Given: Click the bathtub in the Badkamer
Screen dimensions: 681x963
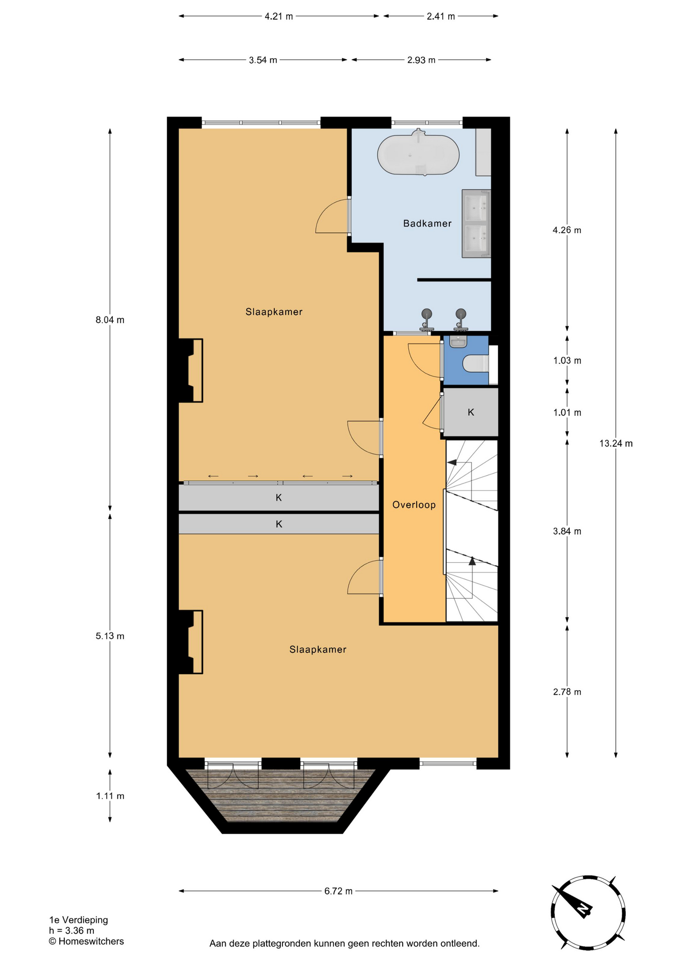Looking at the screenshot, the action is (418, 153).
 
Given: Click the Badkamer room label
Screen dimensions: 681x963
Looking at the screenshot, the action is (427, 224).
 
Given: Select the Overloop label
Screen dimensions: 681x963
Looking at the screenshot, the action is (414, 505).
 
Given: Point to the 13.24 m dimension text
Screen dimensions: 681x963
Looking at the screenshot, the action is (616, 443).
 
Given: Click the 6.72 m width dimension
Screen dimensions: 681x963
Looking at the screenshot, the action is (338, 891).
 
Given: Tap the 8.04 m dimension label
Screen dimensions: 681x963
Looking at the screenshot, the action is (110, 320).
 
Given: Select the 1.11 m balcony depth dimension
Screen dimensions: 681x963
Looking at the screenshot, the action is (110, 796).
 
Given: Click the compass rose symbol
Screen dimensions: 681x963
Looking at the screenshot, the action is (588, 912).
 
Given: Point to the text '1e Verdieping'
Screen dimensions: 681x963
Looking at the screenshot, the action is (78, 920).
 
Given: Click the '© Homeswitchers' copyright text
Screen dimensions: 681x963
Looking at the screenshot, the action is (86, 941).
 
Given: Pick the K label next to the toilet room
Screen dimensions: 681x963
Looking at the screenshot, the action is (471, 412).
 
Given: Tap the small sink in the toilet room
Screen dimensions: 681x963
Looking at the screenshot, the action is (458, 342).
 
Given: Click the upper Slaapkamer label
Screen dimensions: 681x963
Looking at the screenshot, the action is (274, 312).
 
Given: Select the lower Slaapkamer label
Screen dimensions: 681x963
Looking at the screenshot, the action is (318, 650).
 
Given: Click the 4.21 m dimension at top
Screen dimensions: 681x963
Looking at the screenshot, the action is (279, 17).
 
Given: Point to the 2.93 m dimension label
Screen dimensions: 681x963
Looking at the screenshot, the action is (421, 60).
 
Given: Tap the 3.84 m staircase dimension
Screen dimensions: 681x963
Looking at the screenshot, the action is (567, 531).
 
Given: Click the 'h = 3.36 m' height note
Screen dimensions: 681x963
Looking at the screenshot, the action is (72, 931).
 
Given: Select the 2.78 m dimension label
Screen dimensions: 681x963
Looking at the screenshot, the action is (567, 692).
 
